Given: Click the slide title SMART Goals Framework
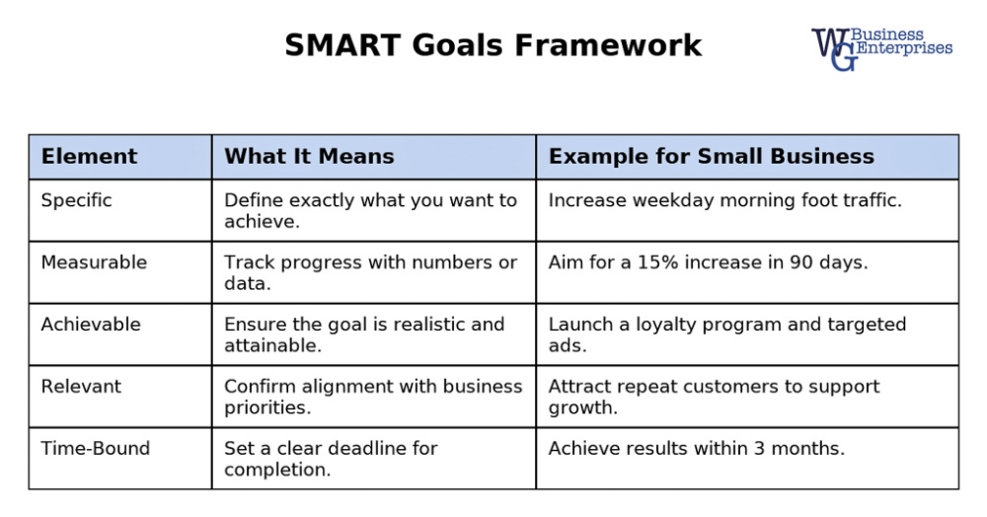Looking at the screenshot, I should point(493,45).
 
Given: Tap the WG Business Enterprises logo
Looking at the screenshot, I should point(880,46).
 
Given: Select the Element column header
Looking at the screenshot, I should point(89,156).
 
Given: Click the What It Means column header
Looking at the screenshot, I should point(309,156).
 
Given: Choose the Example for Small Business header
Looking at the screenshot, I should point(711,156).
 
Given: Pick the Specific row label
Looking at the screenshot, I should point(76,200).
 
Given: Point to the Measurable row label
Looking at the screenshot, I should point(93,262).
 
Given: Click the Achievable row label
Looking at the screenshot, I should point(90,325).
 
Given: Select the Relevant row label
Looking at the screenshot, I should point(82,387).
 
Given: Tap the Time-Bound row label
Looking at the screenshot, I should point(95,449).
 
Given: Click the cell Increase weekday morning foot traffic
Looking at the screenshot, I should point(724,200).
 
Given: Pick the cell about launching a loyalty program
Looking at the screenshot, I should point(726,333).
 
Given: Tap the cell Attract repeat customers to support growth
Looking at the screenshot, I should point(714,396).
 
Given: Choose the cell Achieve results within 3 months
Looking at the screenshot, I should point(696,449).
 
